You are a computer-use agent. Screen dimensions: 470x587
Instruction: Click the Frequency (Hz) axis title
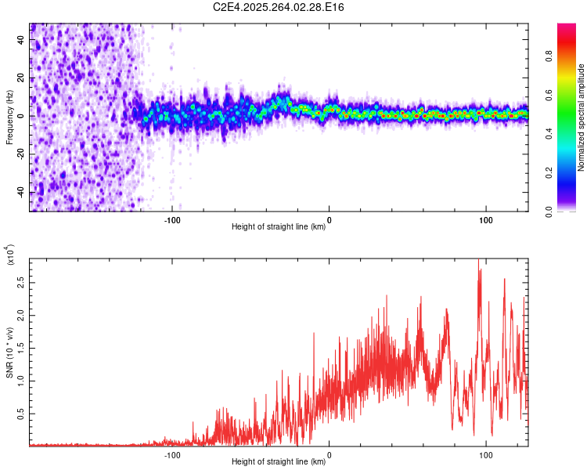9,117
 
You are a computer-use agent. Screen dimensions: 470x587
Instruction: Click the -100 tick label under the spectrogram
172,219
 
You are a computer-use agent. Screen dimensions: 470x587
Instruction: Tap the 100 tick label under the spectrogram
486,219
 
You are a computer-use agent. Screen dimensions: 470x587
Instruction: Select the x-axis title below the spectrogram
279,227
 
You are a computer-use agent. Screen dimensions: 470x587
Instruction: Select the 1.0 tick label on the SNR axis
20,381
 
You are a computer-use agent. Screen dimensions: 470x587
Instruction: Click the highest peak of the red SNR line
478,261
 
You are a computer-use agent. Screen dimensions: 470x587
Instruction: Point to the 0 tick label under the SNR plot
329,454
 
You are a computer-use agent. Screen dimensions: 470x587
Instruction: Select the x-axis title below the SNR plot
279,462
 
